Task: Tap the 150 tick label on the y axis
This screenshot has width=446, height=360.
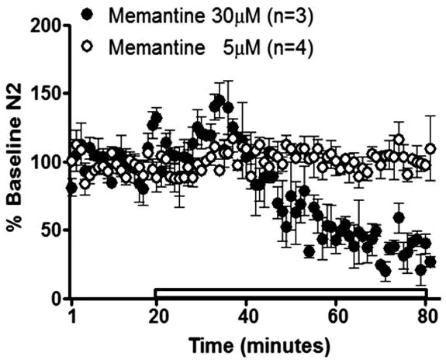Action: tap(46, 93)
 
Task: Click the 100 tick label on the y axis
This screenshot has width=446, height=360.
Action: tap(46, 161)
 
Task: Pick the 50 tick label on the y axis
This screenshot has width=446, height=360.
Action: tap(50, 230)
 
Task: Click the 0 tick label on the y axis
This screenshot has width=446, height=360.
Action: tap(56, 299)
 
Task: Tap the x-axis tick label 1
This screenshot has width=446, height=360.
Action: tap(72, 317)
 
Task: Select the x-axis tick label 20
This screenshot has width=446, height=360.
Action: tap(158, 317)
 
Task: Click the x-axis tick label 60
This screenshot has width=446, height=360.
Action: tap(335, 317)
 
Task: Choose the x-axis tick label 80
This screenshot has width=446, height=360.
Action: tap(425, 317)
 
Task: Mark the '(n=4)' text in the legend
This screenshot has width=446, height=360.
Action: tap(259, 45)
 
